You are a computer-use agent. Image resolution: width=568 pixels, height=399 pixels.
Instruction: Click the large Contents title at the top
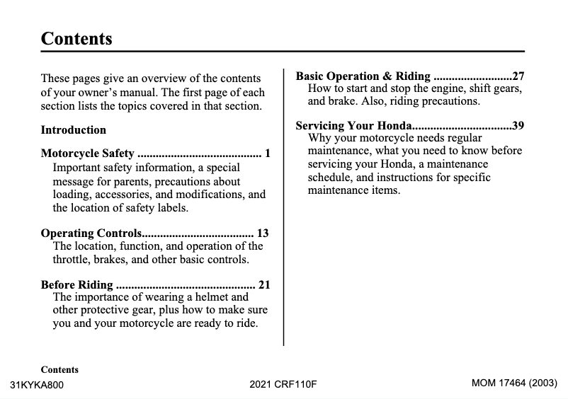click(76, 38)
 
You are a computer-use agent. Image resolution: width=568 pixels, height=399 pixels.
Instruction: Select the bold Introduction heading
click(74, 130)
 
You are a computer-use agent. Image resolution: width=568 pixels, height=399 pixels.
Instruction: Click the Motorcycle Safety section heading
click(87, 154)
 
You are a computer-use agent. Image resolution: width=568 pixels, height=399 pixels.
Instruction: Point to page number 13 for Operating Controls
click(263, 233)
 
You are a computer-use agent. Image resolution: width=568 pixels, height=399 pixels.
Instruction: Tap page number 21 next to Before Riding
click(264, 285)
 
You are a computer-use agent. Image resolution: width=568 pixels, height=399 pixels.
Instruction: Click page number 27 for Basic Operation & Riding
click(518, 76)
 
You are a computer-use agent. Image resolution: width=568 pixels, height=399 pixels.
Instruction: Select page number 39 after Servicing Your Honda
click(518, 126)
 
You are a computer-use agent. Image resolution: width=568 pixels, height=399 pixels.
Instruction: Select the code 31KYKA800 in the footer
click(37, 385)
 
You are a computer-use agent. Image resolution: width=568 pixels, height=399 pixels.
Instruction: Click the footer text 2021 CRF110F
click(283, 385)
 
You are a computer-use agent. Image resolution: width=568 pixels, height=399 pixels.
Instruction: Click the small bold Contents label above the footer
click(59, 369)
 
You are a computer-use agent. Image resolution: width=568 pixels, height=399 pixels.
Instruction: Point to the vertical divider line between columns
click(284, 212)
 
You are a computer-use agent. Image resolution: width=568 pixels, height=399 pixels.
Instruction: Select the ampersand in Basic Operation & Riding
click(387, 76)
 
